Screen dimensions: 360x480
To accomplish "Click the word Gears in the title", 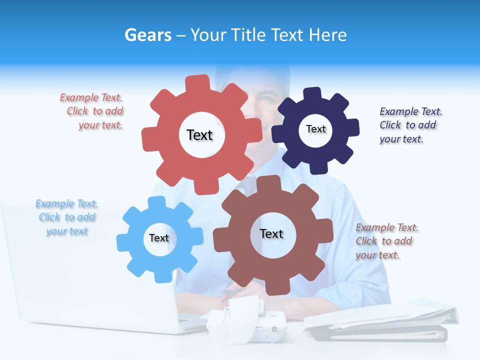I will tap(148, 35).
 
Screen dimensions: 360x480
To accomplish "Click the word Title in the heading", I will tap(248, 35).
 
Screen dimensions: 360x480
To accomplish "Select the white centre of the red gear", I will tap(202, 135).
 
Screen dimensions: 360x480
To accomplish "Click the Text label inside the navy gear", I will tap(315, 129).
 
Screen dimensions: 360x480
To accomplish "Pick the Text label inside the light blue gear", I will tap(159, 238).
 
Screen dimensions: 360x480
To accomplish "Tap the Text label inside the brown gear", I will tap(271, 233).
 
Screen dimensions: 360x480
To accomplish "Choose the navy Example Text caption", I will tap(409, 125).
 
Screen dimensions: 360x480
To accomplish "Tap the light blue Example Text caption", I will tap(67, 217).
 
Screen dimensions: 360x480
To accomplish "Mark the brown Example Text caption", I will tap(386, 241).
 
